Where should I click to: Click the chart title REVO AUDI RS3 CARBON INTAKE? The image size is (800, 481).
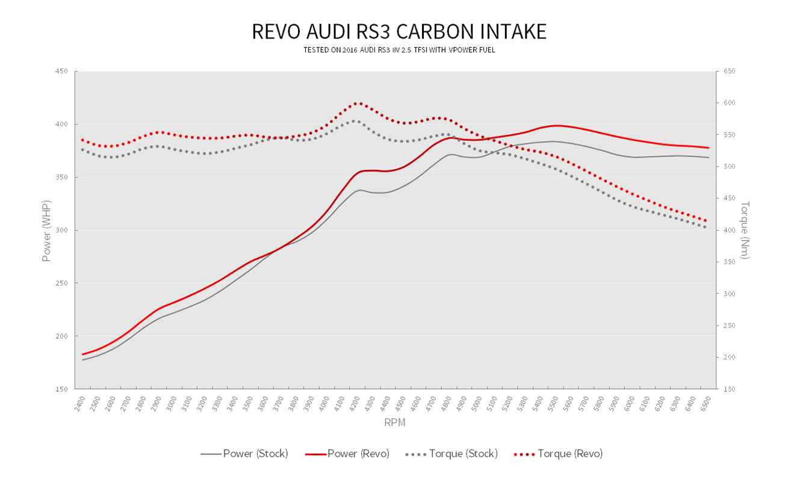[x=399, y=31]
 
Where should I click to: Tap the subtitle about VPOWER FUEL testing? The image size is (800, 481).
[x=399, y=50]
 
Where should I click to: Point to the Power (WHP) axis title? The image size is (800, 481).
[x=46, y=230]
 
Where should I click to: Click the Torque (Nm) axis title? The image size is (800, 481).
[x=745, y=230]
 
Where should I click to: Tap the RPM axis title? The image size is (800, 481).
[x=395, y=423]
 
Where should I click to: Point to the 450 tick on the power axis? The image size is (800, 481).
[x=61, y=72]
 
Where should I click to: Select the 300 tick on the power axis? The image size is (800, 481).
[x=61, y=231]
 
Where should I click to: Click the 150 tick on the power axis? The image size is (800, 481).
[x=61, y=389]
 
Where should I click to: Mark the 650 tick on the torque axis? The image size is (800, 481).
[x=729, y=72]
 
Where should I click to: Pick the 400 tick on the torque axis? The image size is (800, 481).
[x=729, y=231]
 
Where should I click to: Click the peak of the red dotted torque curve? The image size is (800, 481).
[x=359, y=103]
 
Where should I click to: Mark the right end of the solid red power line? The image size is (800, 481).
[x=709, y=147]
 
